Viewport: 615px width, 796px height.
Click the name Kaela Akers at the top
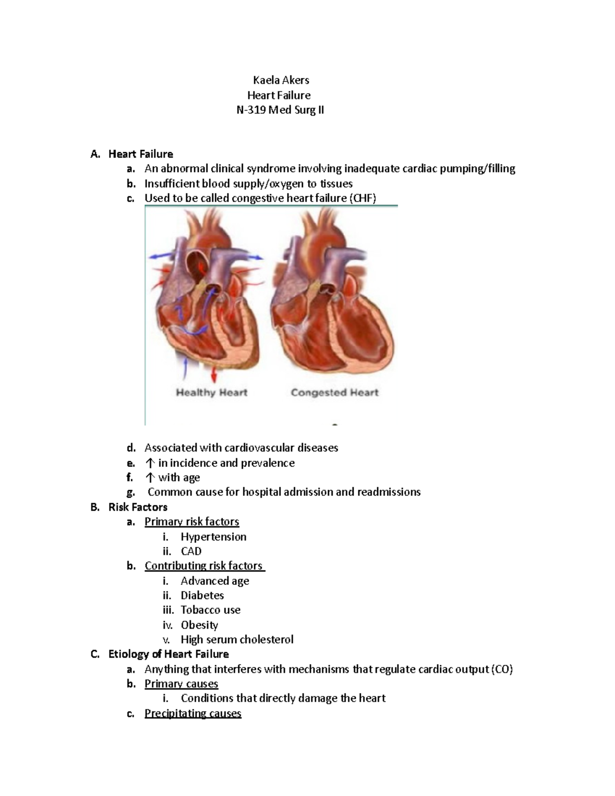281,80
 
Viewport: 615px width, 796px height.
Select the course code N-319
254,110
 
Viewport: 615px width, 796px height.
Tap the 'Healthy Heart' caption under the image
211,393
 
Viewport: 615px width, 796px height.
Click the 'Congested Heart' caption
334,393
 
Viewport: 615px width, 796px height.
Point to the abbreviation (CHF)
362,198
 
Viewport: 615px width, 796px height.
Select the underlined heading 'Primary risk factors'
192,522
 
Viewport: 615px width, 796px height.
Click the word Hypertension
213,537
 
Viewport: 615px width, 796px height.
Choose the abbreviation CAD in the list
191,551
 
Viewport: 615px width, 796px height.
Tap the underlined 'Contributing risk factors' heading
203,566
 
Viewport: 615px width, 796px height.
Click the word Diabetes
202,595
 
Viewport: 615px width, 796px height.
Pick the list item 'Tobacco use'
210,610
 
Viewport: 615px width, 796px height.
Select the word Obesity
199,625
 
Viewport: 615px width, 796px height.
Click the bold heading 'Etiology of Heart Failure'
169,654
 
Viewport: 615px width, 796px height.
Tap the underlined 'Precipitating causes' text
193,713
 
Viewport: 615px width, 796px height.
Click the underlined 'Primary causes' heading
181,684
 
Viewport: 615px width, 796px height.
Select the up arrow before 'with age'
150,478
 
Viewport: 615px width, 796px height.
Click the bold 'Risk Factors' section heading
138,507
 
